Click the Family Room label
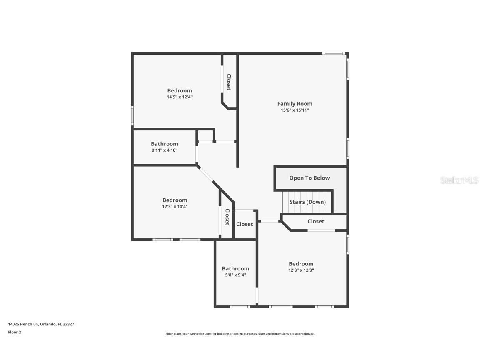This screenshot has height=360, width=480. pos(295,104)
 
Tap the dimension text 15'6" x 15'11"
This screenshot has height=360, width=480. pos(295,110)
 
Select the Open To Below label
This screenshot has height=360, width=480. pos(310,178)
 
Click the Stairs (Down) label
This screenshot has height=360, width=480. pos(307,202)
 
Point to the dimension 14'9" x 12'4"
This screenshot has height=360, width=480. pos(180,97)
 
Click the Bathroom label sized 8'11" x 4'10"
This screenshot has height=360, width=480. pos(164,144)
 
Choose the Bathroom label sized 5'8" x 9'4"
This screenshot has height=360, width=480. pos(235,268)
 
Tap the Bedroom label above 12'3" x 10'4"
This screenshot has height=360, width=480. pos(175,200)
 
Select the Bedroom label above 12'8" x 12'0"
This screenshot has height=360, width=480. pos(301,263)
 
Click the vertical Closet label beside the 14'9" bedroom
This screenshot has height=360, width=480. pos(229,82)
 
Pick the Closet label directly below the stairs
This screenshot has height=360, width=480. pos(316,221)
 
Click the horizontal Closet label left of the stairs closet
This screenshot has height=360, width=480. pos(245,224)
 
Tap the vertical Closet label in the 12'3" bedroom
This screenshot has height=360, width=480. pos(227,217)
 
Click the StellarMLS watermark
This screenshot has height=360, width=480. pos(460,180)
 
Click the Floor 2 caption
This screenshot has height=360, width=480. pos(14,332)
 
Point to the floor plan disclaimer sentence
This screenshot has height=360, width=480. pos(240,334)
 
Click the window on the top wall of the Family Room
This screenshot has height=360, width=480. pos(333,53)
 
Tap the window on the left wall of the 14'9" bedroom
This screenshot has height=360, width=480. pos(132,115)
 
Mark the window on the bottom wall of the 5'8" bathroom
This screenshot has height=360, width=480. pos(240,307)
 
